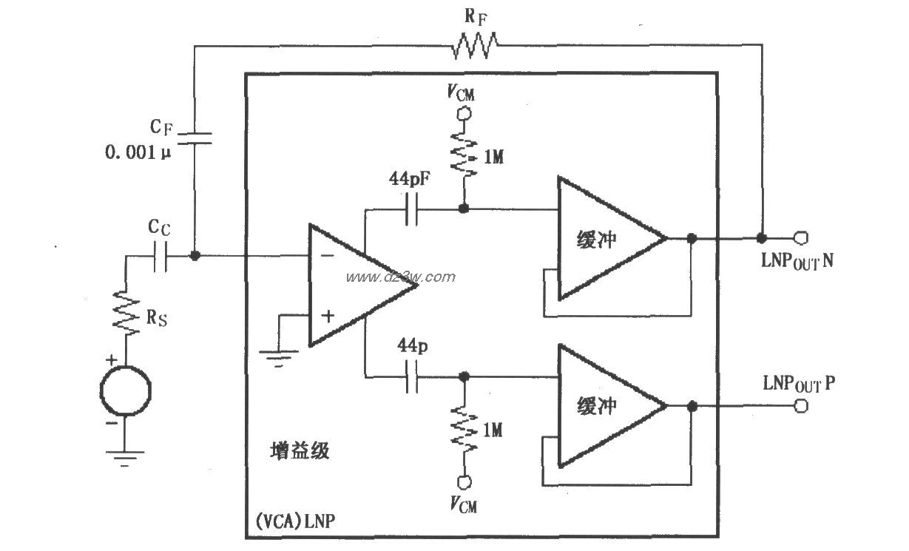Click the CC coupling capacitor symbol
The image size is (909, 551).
tap(160, 256)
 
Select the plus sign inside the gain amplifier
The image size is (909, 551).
tap(327, 316)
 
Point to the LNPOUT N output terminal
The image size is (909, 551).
tap(800, 238)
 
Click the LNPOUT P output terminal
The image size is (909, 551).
tap(800, 406)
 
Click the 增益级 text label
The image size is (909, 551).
tap(299, 450)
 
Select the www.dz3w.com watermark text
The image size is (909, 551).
tap(400, 277)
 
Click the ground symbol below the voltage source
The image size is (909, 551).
tap(126, 459)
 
